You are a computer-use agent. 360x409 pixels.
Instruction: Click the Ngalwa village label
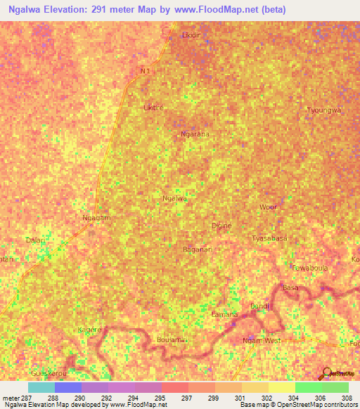click(x=174, y=199)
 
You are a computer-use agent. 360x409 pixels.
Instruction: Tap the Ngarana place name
click(x=195, y=134)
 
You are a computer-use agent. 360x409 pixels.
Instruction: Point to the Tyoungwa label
click(x=323, y=110)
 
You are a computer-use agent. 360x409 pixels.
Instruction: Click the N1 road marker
click(x=146, y=71)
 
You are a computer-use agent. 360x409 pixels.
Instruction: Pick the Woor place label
click(x=268, y=207)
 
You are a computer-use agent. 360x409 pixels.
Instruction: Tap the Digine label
click(x=221, y=226)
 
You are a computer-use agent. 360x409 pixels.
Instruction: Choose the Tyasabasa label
click(x=269, y=238)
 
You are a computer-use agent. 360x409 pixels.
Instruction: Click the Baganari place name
click(x=197, y=249)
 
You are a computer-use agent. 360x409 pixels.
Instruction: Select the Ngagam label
click(x=97, y=219)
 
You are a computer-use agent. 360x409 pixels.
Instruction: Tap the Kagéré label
click(x=90, y=329)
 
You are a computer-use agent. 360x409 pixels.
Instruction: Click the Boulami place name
click(x=171, y=339)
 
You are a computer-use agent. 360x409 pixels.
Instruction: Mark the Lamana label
click(x=224, y=314)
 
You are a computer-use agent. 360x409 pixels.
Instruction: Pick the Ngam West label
click(x=261, y=341)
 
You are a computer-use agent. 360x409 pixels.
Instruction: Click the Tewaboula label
click(x=309, y=268)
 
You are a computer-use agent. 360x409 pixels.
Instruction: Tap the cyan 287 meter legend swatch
click(x=41, y=387)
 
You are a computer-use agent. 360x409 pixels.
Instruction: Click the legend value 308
click(x=346, y=398)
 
